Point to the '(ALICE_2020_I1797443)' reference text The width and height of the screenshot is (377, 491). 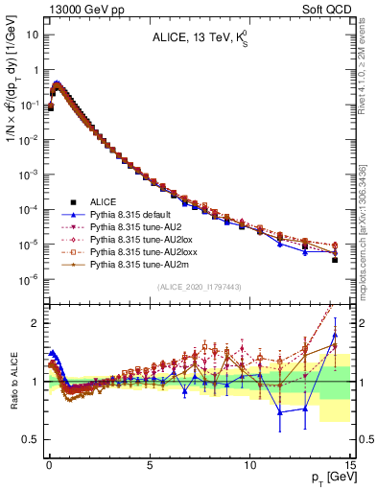click(200, 287)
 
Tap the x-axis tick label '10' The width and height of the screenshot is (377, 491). click(250, 462)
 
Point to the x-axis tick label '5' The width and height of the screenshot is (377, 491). click(150, 462)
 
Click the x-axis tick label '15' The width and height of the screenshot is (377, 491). click(350, 462)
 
